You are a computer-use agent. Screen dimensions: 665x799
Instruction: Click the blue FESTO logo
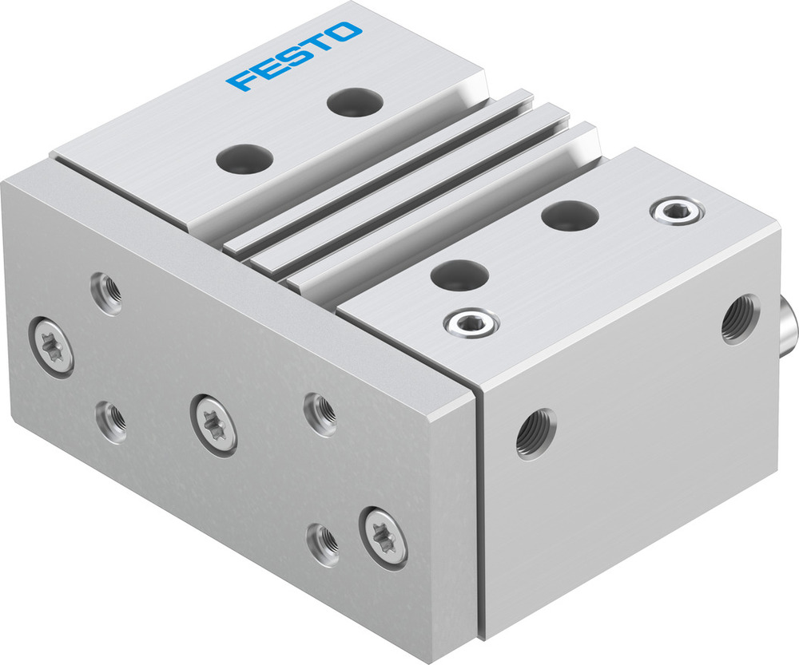pos(294,56)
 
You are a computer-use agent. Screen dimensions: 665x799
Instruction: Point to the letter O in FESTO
pos(345,33)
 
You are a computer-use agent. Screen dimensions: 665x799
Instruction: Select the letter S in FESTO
pos(292,57)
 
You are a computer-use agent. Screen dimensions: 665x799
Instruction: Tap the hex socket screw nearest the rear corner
pos(677,212)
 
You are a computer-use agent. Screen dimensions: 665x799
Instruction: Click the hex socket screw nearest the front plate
pos(471,323)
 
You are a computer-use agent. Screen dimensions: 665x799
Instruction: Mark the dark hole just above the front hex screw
pos(459,275)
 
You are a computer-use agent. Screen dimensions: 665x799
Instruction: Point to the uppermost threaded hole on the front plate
pos(106,293)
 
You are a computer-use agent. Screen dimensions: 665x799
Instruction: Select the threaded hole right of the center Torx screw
pos(320,414)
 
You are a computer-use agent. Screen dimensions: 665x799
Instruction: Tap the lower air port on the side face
pos(535,433)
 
